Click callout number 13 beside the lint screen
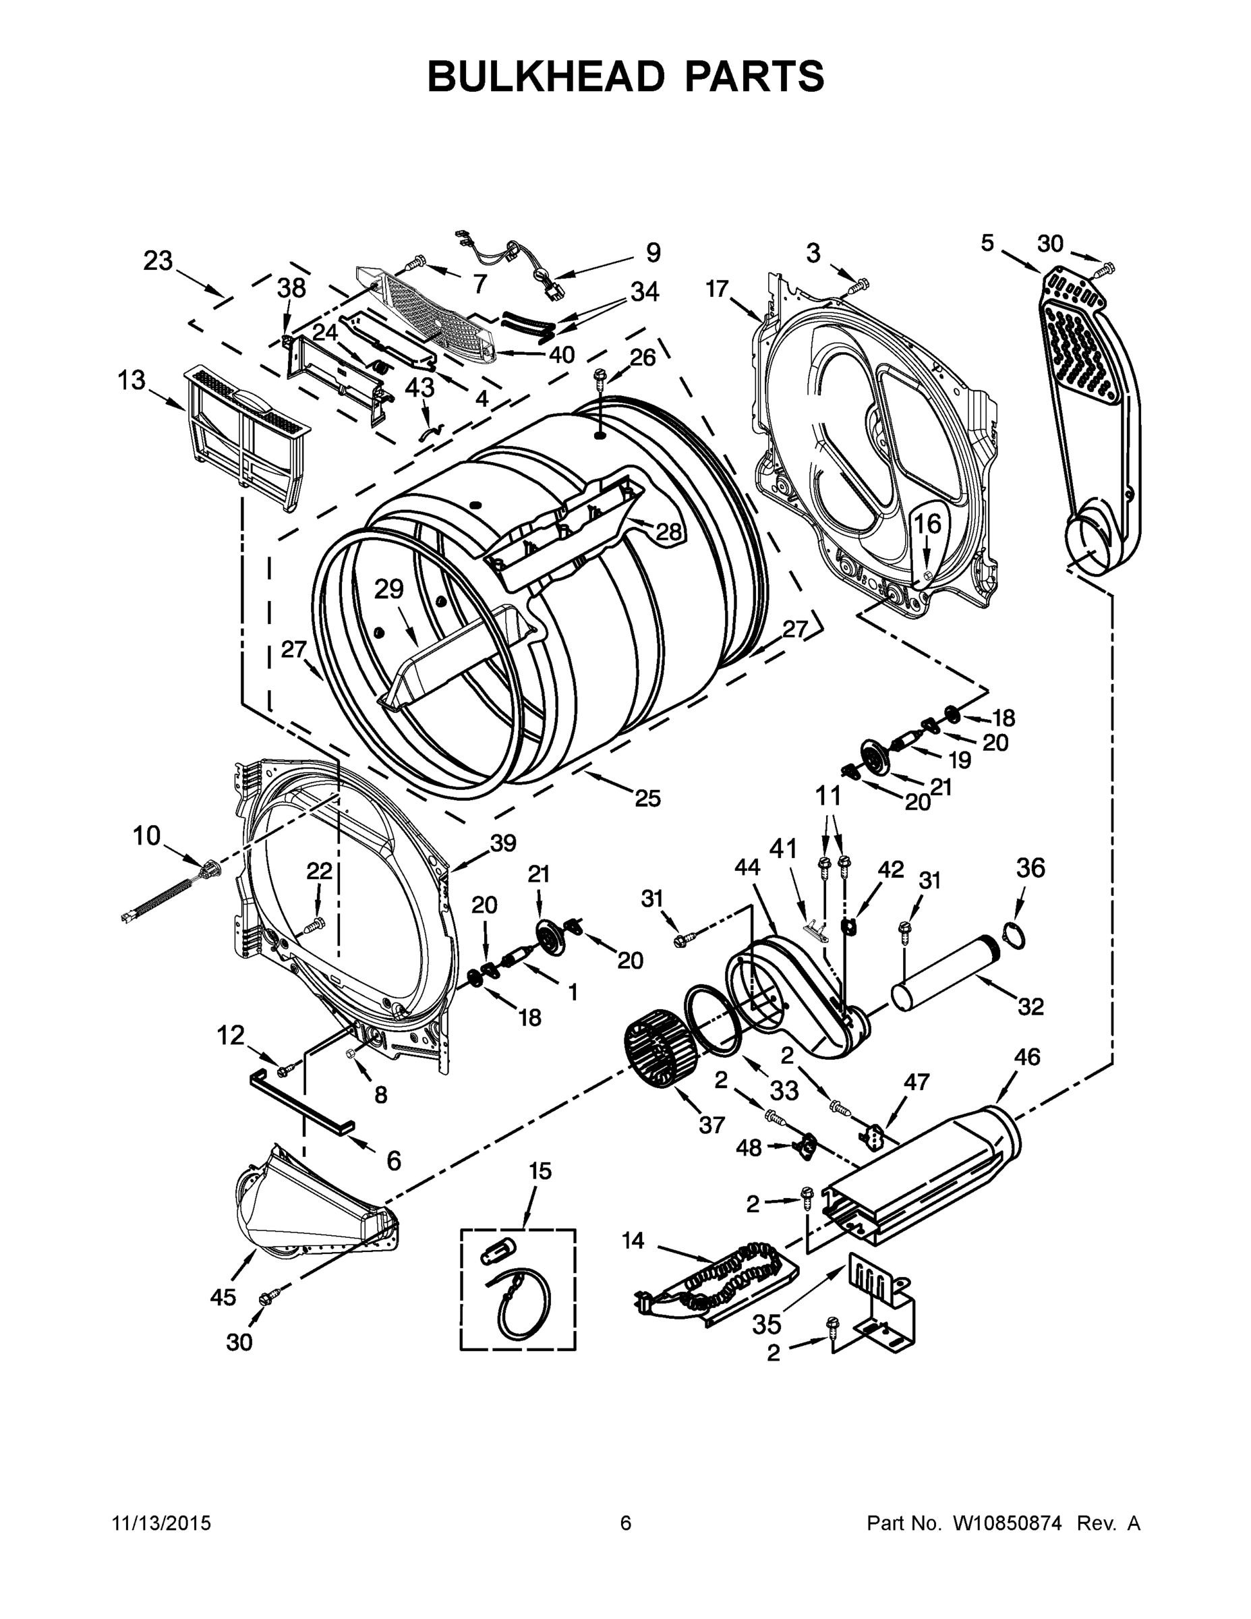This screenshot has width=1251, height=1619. pos(132,381)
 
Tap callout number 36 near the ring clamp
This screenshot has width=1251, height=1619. pos(1030,868)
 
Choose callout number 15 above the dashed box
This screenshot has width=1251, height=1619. pos(540,1172)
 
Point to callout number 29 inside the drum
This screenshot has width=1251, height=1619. pos(388,590)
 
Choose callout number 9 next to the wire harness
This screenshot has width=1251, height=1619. pos(652,253)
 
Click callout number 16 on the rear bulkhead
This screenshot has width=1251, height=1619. pos(927,524)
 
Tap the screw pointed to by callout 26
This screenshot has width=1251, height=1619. pos(599,382)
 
